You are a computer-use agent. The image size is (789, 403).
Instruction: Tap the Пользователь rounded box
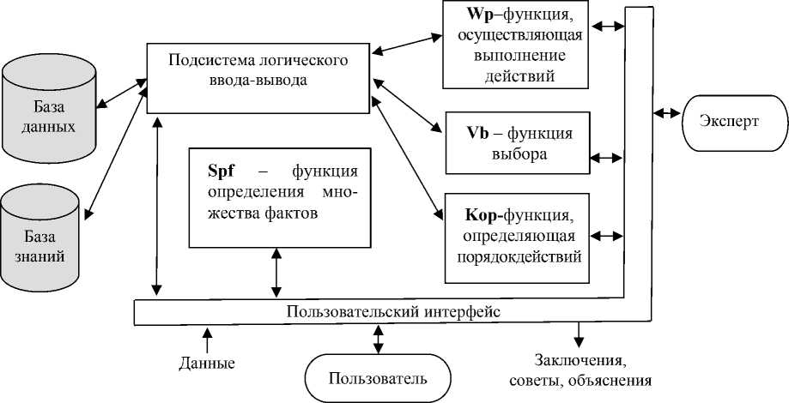point(378,377)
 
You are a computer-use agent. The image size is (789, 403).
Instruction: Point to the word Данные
point(207,363)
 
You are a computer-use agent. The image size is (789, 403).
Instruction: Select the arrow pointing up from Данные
point(205,338)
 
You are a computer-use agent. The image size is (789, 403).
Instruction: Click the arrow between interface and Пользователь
point(378,339)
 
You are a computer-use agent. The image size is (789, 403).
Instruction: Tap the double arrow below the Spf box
point(276,273)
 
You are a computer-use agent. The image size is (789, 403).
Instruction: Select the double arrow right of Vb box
point(608,157)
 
